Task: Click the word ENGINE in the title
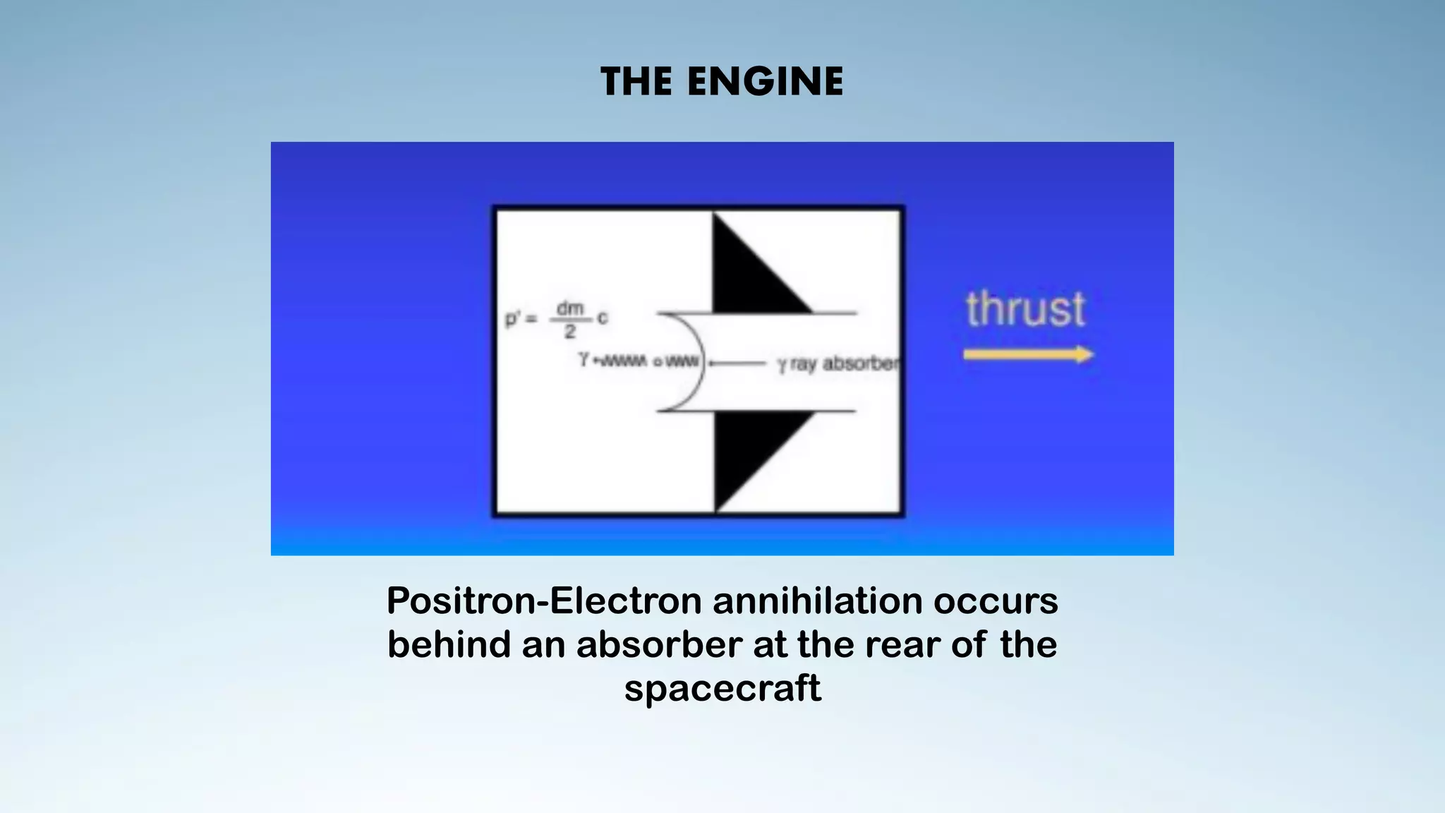click(x=765, y=81)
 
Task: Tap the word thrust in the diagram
click(x=1025, y=309)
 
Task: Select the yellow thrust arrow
click(x=1028, y=354)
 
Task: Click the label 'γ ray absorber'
click(x=838, y=363)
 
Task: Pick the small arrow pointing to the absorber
click(x=737, y=363)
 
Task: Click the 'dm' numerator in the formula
click(x=570, y=308)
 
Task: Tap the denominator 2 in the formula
click(x=570, y=331)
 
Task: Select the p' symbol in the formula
click(x=512, y=319)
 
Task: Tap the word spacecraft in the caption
click(x=722, y=688)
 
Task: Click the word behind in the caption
click(x=448, y=644)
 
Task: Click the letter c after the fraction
click(x=602, y=318)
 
